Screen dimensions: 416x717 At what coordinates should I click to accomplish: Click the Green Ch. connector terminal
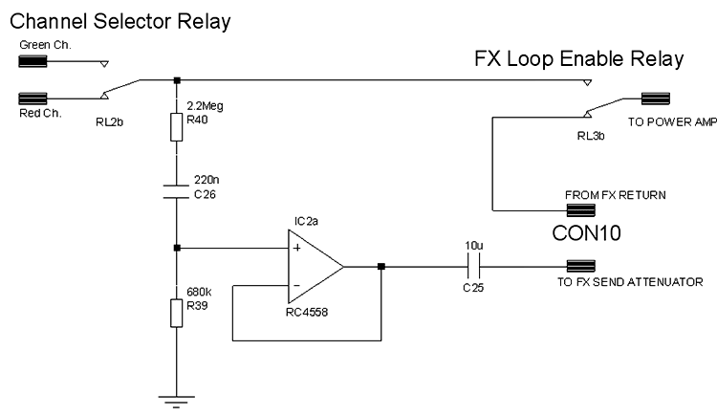coord(33,63)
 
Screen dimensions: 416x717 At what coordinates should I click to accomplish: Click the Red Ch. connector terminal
coord(33,98)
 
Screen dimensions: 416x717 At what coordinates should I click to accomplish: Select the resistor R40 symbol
coord(177,127)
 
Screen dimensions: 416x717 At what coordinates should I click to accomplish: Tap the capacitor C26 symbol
coord(177,192)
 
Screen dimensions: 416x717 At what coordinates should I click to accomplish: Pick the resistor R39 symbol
coord(177,312)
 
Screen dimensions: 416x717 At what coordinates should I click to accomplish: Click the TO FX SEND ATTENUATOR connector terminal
coord(581,267)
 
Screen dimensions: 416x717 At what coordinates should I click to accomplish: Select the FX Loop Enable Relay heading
coord(579,59)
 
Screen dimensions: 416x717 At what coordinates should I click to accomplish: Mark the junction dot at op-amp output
coord(381,267)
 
